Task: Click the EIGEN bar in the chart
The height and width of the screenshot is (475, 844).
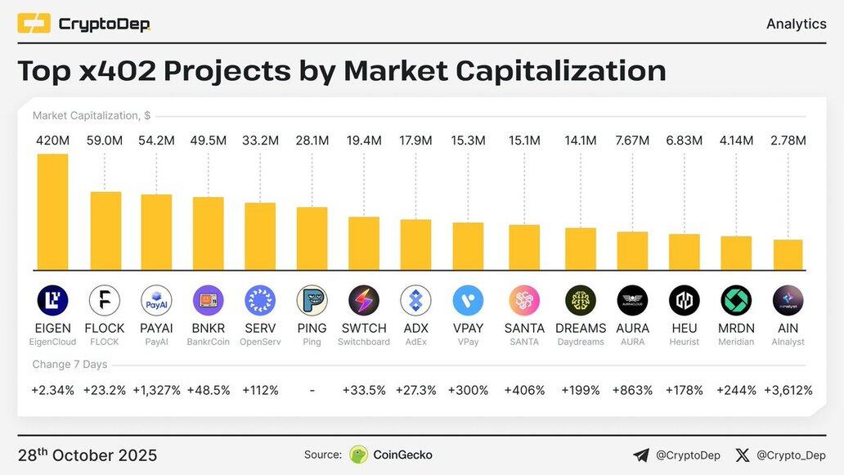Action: (x=52, y=212)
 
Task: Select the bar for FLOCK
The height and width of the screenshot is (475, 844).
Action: (x=105, y=231)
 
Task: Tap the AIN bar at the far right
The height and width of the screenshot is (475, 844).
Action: (x=788, y=254)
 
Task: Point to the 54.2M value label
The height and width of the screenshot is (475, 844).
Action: (x=156, y=141)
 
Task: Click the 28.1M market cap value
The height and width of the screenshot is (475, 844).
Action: (x=312, y=141)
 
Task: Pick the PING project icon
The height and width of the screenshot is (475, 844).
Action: (x=312, y=301)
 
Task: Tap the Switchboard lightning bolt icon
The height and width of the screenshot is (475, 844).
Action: (x=364, y=301)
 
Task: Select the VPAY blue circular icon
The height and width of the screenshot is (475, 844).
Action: (x=468, y=301)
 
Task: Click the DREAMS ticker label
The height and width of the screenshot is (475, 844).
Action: (x=581, y=329)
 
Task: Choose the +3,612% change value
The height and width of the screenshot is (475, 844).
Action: (x=788, y=390)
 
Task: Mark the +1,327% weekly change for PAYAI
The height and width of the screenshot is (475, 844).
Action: (x=156, y=390)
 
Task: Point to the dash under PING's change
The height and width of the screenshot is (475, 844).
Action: (x=312, y=390)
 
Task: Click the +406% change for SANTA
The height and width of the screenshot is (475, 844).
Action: (x=524, y=390)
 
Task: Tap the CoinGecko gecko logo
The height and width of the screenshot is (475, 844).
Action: (x=358, y=455)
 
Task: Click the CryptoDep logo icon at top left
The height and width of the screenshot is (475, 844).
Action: (x=34, y=24)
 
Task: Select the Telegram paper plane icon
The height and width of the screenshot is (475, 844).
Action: (x=641, y=455)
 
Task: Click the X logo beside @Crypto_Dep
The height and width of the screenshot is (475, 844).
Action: (x=743, y=455)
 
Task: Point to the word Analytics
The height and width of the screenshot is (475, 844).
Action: (x=796, y=24)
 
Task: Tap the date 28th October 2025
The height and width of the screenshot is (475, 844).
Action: (x=88, y=455)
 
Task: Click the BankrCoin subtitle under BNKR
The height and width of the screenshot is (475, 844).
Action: (x=208, y=342)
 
